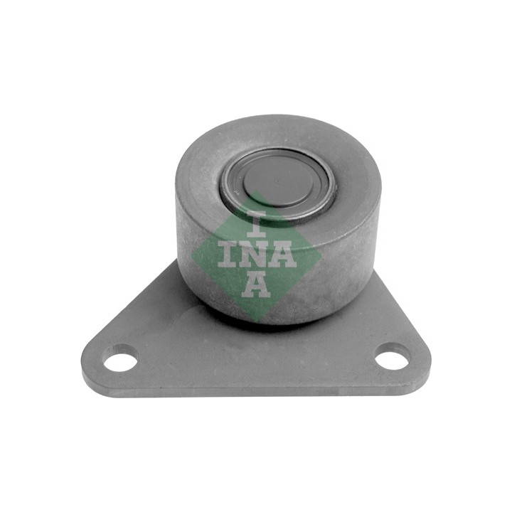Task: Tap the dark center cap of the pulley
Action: pyautogui.click(x=277, y=183)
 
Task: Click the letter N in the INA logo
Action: pyautogui.click(x=257, y=255)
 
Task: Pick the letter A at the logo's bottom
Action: pyautogui.click(x=256, y=286)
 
